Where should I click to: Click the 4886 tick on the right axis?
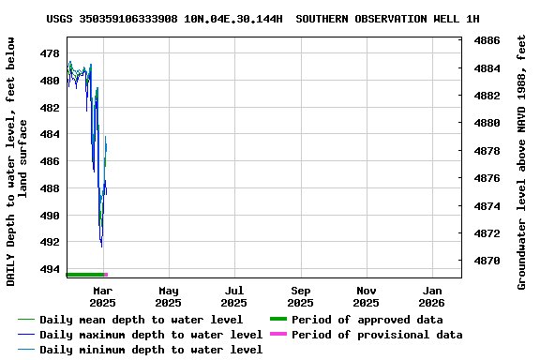(485, 41)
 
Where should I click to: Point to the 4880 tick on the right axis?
(485, 123)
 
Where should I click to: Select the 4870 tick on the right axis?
(485, 261)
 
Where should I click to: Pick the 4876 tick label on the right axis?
(485, 178)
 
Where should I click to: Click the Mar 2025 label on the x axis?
(102, 296)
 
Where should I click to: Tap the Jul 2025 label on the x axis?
(234, 296)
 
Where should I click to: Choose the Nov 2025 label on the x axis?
(367, 296)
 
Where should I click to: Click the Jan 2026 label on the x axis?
(433, 296)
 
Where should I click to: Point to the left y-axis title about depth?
(17, 161)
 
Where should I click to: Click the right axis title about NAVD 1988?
(522, 161)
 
